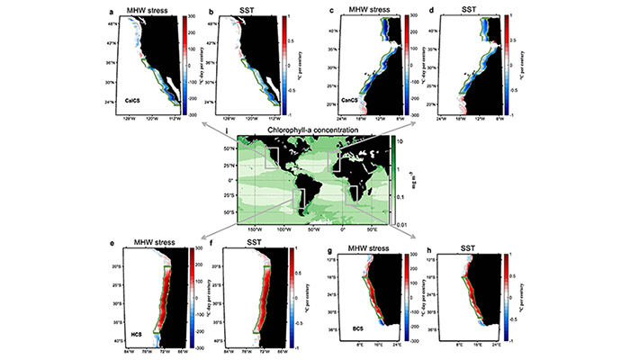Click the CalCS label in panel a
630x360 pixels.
tap(138, 102)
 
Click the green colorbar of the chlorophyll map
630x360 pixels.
tap(396, 180)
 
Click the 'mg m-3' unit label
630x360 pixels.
tap(413, 180)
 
